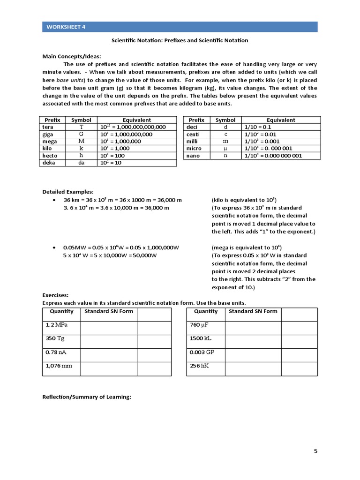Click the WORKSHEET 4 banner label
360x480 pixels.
66,27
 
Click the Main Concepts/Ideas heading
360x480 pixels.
72,56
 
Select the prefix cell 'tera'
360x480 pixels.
48,127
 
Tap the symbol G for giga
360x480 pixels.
81,134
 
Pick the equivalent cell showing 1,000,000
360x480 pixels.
120,141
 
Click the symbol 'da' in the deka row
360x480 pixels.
81,162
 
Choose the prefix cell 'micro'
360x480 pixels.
194,148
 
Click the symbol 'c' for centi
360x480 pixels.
225,134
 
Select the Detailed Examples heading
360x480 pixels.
68,192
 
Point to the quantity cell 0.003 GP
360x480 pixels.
202,352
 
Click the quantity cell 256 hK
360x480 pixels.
199,366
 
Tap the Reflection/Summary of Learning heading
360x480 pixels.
86,397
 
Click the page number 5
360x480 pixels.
315,451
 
